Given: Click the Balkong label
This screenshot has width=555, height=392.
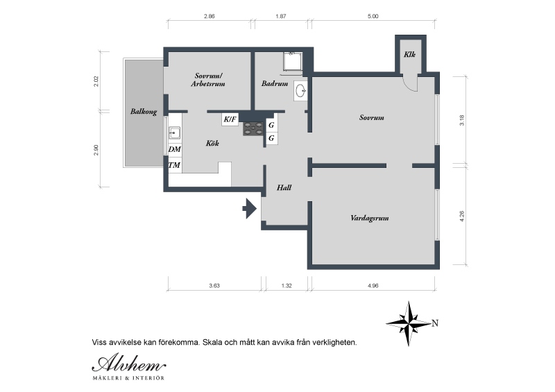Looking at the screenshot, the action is pyautogui.click(x=144, y=112).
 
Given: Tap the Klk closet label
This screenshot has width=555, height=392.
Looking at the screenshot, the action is pyautogui.click(x=409, y=54).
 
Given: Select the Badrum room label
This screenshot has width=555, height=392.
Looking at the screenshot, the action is pyautogui.click(x=275, y=83).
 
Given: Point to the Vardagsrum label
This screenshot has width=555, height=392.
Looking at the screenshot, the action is pyautogui.click(x=370, y=218).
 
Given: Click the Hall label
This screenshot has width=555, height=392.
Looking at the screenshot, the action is pyautogui.click(x=284, y=188).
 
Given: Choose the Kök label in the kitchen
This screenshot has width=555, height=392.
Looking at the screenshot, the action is pyautogui.click(x=212, y=143).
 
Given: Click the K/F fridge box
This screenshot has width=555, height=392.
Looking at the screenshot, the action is pyautogui.click(x=230, y=119).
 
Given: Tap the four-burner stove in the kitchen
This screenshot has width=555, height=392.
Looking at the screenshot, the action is pyautogui.click(x=253, y=129).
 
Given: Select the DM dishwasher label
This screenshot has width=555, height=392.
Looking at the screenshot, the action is pyautogui.click(x=175, y=149).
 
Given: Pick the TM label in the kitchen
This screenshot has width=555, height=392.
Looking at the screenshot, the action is pyautogui.click(x=174, y=165).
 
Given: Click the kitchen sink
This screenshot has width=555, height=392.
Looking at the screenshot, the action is pyautogui.click(x=175, y=133).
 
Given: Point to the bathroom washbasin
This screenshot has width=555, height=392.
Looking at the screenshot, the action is pyautogui.click(x=300, y=91).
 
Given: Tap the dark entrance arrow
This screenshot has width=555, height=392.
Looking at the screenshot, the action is pyautogui.click(x=250, y=209).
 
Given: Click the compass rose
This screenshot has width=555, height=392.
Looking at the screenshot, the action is pyautogui.click(x=409, y=323).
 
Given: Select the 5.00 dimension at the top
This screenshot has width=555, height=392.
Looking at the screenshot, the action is pyautogui.click(x=373, y=16).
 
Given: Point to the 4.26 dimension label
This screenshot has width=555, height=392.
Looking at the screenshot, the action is pyautogui.click(x=461, y=216).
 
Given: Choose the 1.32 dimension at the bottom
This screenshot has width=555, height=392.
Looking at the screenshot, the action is pyautogui.click(x=287, y=286).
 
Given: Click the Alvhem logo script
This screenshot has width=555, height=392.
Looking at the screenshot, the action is pyautogui.click(x=129, y=363).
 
